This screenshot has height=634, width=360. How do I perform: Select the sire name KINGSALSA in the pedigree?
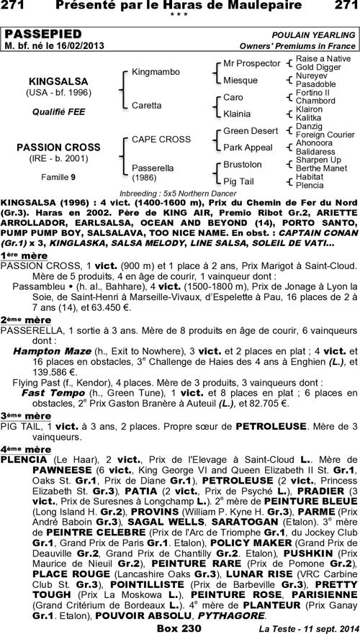point(59,81)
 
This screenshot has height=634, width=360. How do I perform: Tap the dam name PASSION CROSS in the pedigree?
point(59,148)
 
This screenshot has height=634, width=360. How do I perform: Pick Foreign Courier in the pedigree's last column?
point(325,135)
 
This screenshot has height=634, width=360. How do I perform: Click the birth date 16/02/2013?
point(78,45)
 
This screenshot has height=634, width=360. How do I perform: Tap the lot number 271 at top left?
point(17,6)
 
